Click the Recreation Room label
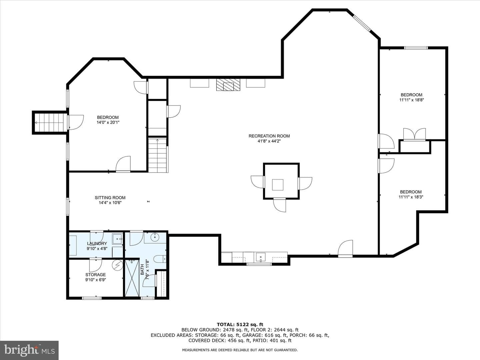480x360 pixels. click(269, 136)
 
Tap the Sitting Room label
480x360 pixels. click(110, 198)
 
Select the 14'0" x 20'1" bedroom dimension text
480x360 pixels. click(108, 122)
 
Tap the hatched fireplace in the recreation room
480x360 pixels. click(228, 85)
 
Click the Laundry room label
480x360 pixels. click(97, 243)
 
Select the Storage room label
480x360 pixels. click(96, 275)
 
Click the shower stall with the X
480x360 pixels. click(132, 278)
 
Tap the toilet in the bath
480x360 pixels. click(160, 259)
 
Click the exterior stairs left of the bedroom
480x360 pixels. click(51, 122)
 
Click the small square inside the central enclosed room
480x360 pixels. click(278, 185)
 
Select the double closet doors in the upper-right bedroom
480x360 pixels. click(414, 134)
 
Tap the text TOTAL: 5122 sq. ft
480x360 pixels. click(240, 324)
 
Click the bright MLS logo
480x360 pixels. click(29, 350)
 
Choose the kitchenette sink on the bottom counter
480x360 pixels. click(260, 257)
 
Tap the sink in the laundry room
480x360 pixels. click(117, 239)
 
